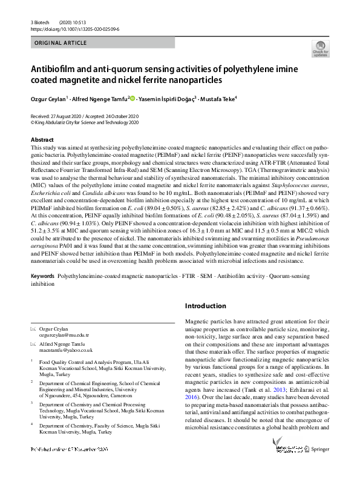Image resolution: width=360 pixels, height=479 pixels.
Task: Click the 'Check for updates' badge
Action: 319,48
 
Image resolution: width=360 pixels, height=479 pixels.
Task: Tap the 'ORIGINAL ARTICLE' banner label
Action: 59,44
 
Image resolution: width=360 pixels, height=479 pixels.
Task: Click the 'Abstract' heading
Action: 42,140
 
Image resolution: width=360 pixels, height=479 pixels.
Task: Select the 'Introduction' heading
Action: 209,306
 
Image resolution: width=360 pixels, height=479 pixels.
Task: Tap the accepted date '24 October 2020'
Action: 131,116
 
